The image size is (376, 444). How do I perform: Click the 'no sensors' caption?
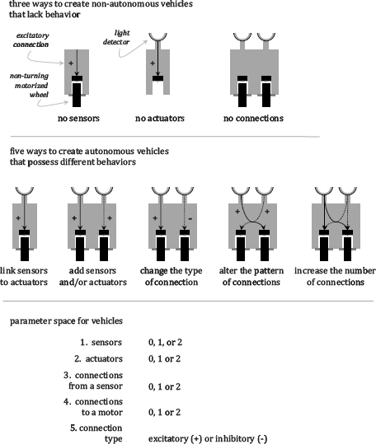[78, 118]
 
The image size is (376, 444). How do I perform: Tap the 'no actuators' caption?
[160, 118]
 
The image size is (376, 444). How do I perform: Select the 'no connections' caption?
[253, 118]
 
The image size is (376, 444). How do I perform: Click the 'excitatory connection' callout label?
[31, 40]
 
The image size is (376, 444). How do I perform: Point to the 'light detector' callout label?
[117, 37]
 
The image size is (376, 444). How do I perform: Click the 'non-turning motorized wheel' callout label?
[29, 85]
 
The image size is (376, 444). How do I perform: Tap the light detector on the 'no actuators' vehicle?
[157, 37]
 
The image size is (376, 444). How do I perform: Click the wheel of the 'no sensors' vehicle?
[77, 95]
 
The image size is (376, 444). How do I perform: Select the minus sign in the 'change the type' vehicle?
[190, 218]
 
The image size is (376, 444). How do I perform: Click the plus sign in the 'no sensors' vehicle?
[71, 63]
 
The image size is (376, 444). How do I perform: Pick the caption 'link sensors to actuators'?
[24, 277]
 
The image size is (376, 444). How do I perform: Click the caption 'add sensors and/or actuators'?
[93, 277]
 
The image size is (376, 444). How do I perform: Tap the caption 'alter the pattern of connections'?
[251, 277]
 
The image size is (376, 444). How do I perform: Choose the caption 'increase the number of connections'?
[336, 277]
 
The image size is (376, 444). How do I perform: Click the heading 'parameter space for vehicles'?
[66, 321]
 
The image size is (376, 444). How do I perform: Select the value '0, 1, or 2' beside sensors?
[165, 343]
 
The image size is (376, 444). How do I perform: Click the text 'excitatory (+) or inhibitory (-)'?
[208, 438]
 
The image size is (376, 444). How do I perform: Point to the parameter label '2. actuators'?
[99, 359]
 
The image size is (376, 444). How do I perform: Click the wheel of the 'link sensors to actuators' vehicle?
[25, 249]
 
